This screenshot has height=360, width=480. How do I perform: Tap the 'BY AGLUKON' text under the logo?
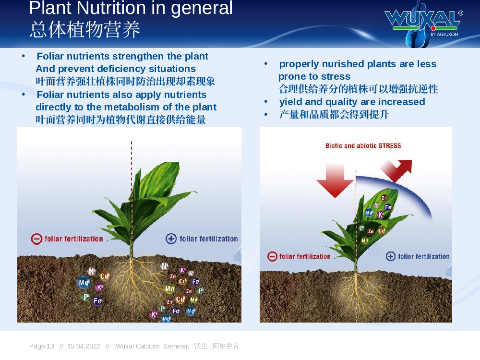(444, 34)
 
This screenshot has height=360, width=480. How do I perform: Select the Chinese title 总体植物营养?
(85, 30)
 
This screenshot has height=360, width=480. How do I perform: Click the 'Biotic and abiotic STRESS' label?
(363, 146)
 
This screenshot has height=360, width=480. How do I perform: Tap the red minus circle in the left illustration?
(36, 239)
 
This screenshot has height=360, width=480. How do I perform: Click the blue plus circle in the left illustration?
(171, 239)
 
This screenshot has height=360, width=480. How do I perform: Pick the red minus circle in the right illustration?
(272, 256)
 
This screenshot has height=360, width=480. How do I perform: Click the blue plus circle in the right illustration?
(391, 256)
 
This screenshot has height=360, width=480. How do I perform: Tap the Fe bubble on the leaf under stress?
(388, 207)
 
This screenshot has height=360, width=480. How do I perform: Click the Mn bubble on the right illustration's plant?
(365, 240)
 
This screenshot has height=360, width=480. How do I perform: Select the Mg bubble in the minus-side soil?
(84, 283)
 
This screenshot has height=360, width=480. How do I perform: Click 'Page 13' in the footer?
(42, 346)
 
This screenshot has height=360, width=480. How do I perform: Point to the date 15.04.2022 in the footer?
(84, 346)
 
